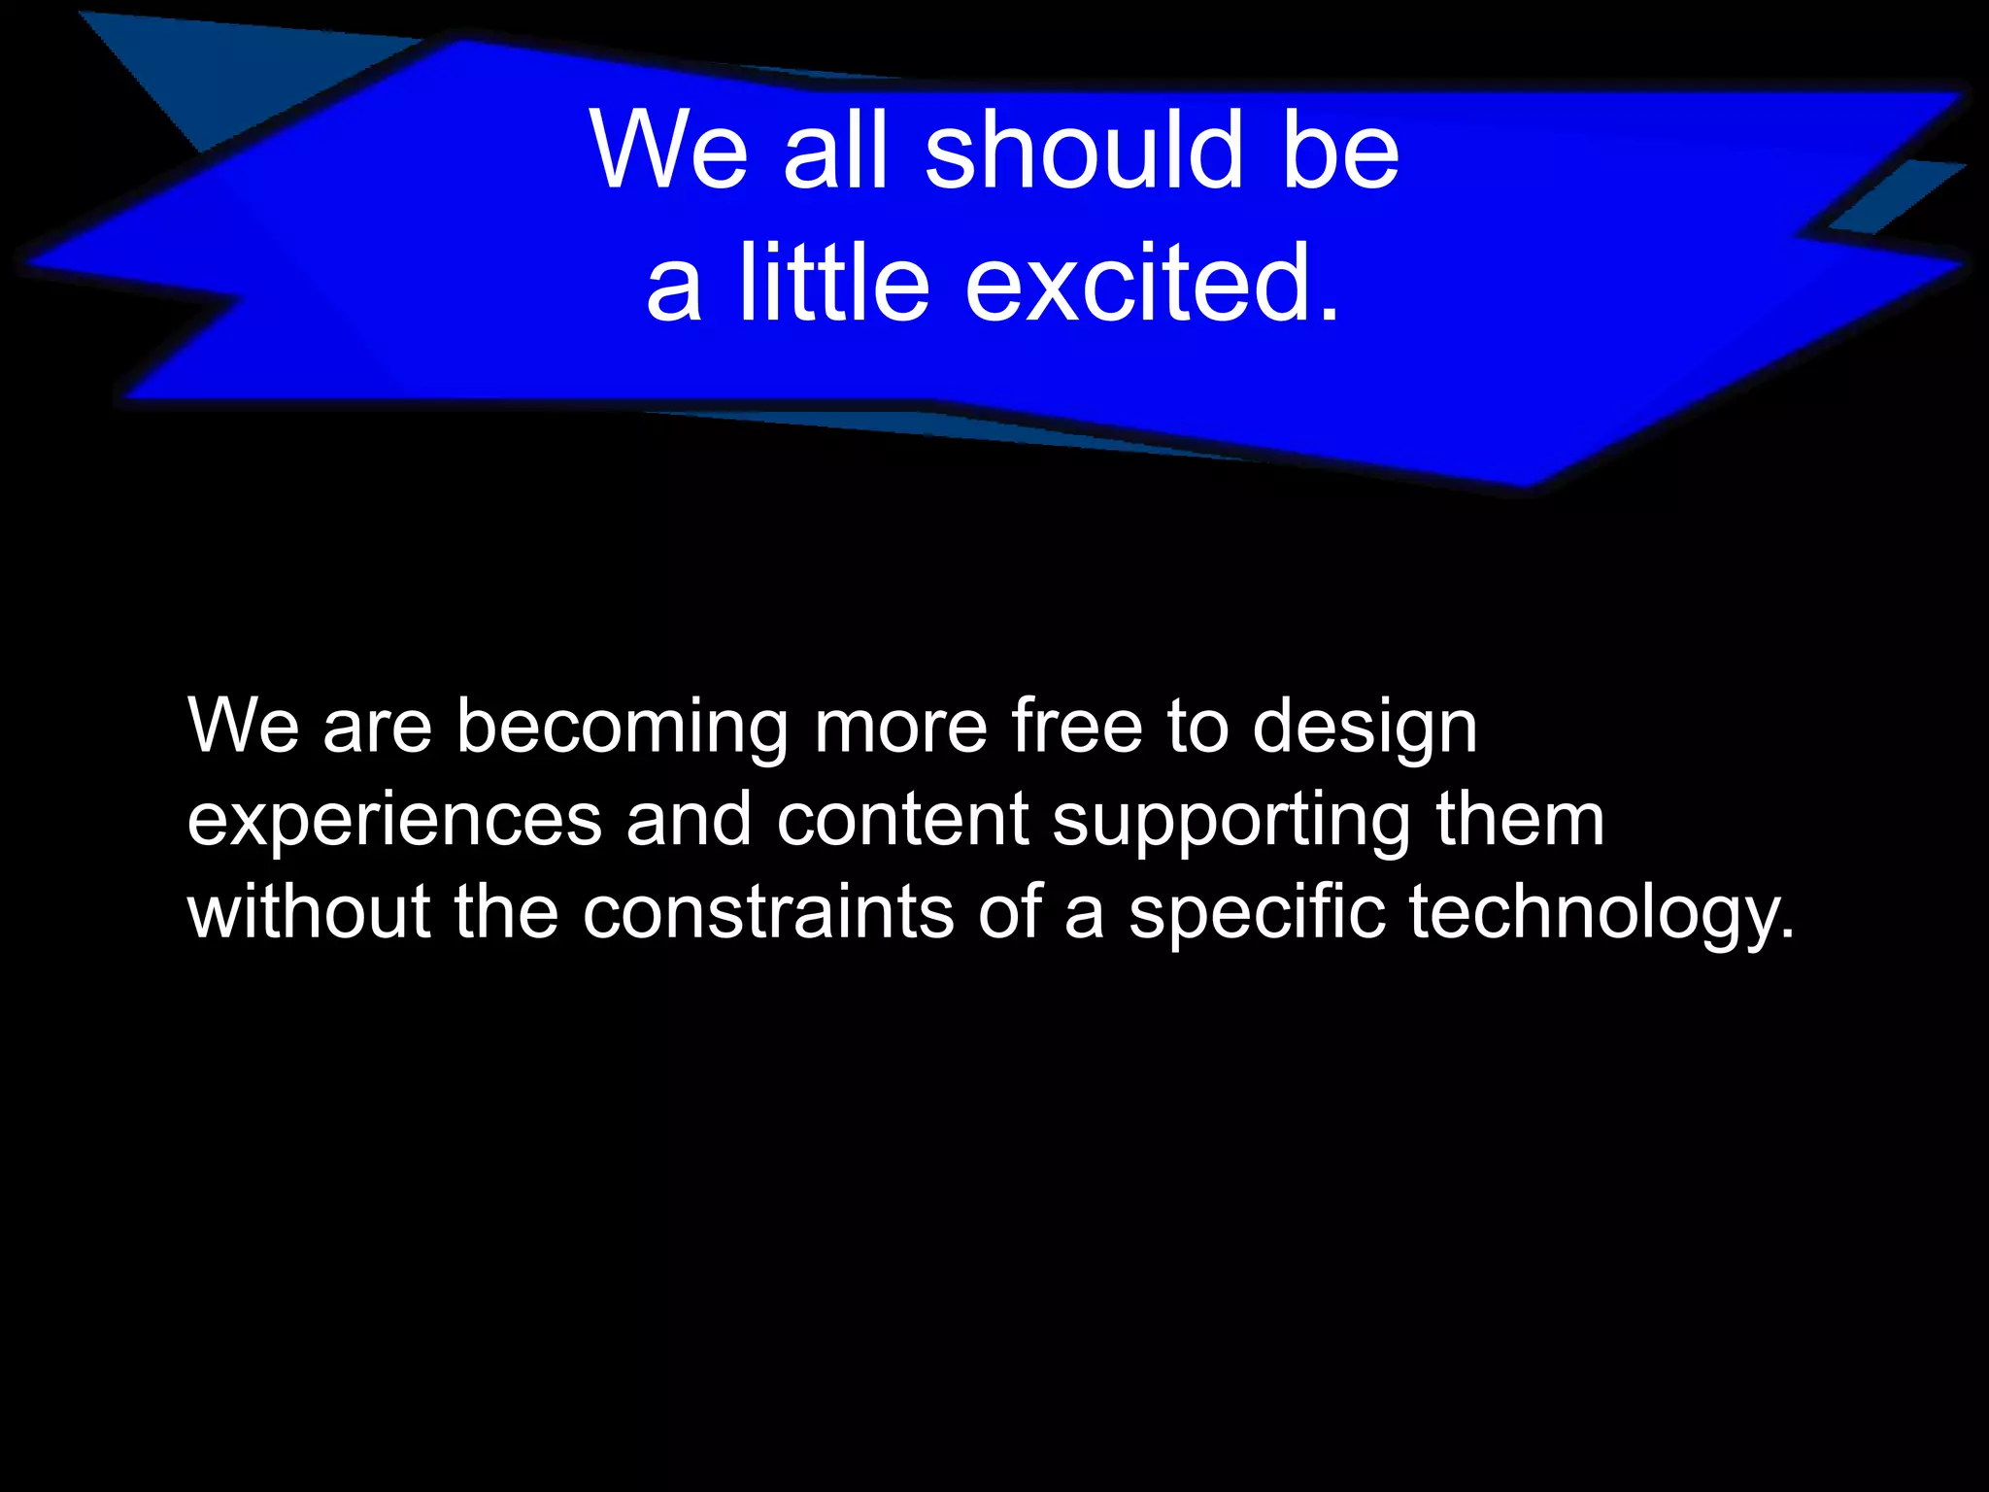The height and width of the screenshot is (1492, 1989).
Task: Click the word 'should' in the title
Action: coord(1084,151)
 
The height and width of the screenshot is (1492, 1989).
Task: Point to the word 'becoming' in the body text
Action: coord(622,726)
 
